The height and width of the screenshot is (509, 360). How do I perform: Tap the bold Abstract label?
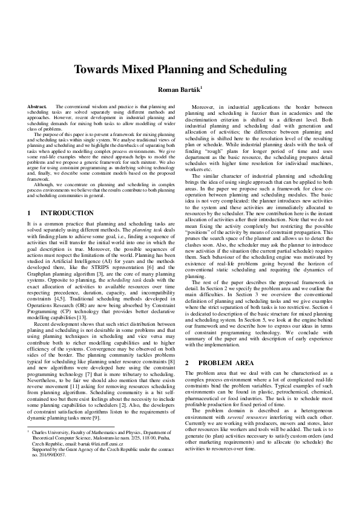[38, 106]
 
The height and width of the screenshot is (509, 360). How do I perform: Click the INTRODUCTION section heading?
[67, 213]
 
